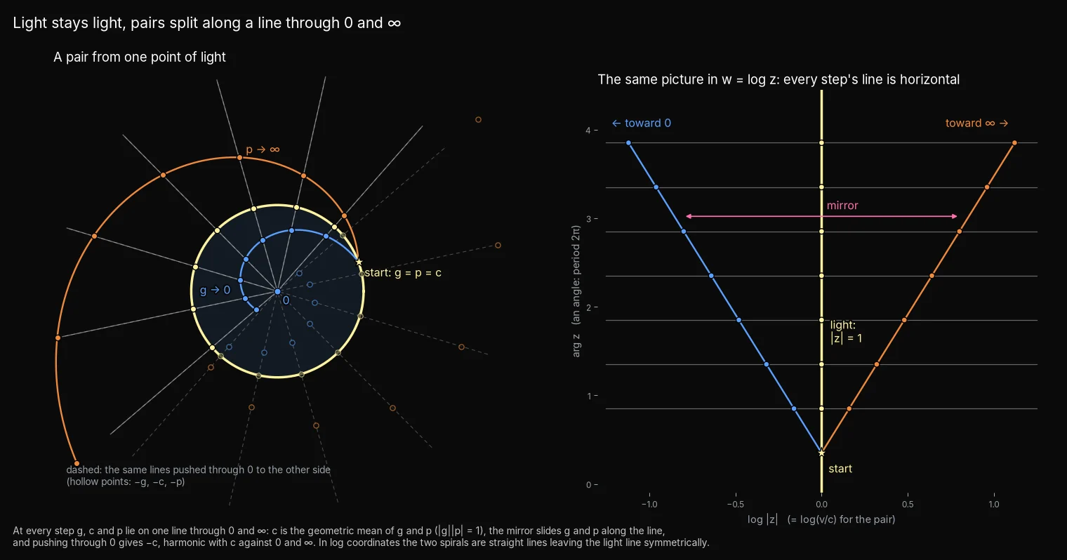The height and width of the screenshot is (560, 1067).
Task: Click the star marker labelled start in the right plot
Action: click(821, 453)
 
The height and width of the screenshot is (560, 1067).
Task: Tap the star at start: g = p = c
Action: click(359, 262)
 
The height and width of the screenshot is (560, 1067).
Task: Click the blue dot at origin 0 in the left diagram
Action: click(278, 291)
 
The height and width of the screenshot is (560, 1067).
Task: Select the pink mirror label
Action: click(842, 205)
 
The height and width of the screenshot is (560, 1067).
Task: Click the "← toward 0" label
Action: click(641, 123)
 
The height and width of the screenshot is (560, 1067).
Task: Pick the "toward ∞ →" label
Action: click(976, 123)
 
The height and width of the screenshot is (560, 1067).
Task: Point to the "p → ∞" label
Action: click(263, 149)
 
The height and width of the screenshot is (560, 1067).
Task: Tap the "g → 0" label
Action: click(215, 290)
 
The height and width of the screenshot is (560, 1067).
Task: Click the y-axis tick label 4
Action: click(588, 131)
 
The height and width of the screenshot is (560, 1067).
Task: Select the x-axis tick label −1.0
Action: click(649, 504)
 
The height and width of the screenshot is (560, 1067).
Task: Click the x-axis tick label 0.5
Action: click(908, 504)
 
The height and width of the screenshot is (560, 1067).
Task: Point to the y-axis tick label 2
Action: click(589, 307)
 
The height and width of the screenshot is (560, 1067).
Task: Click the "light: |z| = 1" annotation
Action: click(846, 331)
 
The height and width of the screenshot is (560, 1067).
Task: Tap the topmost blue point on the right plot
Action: click(628, 143)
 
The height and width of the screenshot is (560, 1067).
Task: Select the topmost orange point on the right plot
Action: click(1014, 143)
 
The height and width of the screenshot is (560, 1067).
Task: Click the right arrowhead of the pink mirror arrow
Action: click(955, 216)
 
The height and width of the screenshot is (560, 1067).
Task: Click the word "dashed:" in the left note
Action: click(84, 469)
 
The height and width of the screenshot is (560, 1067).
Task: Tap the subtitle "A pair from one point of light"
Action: click(140, 57)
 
